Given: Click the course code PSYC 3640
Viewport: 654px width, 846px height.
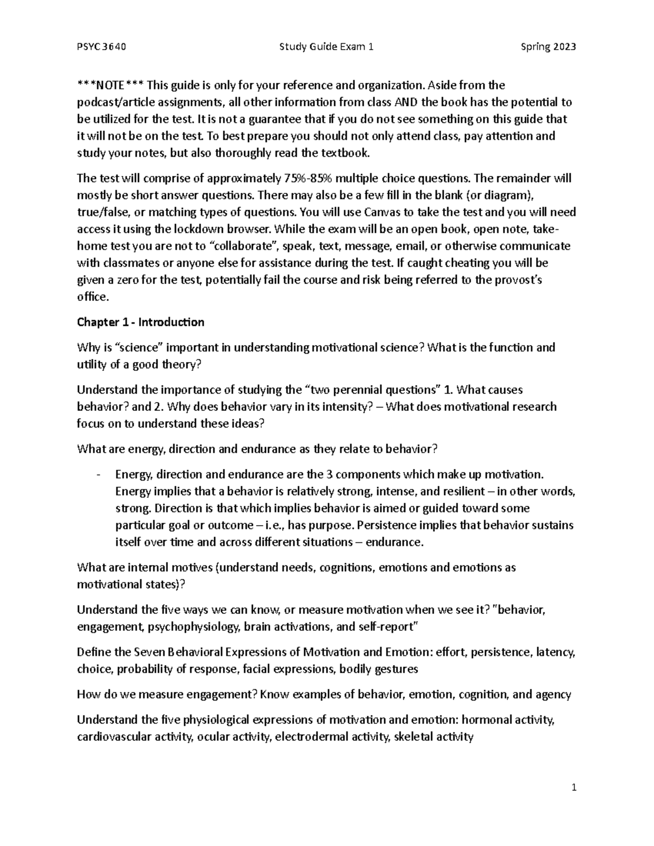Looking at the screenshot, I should click(102, 47).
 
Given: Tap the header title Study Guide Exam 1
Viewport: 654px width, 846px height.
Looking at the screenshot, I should click(326, 47).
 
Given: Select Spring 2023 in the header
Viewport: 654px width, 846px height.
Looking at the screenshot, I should click(548, 47).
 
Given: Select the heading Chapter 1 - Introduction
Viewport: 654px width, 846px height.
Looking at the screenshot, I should click(141, 322).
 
